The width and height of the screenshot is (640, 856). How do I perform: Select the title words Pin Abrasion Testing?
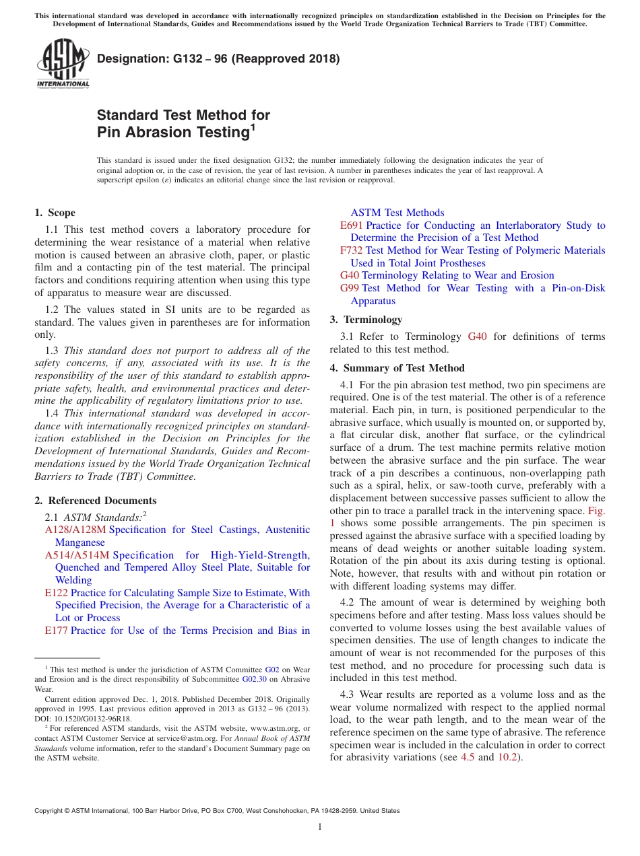[173, 133]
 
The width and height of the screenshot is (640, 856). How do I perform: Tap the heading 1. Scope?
[55, 213]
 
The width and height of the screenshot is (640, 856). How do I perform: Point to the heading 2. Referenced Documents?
[96, 501]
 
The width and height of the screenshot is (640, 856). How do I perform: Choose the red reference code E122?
[56, 593]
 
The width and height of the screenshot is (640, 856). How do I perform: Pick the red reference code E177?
[56, 631]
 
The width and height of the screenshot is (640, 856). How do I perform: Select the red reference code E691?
[352, 225]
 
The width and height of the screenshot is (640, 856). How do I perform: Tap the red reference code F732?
[352, 250]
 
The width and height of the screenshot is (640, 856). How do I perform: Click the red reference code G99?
[350, 288]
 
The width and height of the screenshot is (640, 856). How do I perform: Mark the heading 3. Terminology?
[366, 320]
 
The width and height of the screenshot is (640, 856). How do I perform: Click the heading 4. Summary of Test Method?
[397, 368]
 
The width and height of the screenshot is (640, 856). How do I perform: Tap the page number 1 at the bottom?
[320, 826]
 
